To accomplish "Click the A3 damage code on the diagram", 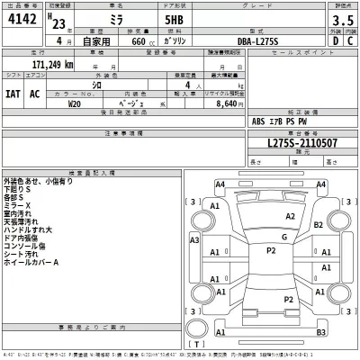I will click(x=194, y=240).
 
